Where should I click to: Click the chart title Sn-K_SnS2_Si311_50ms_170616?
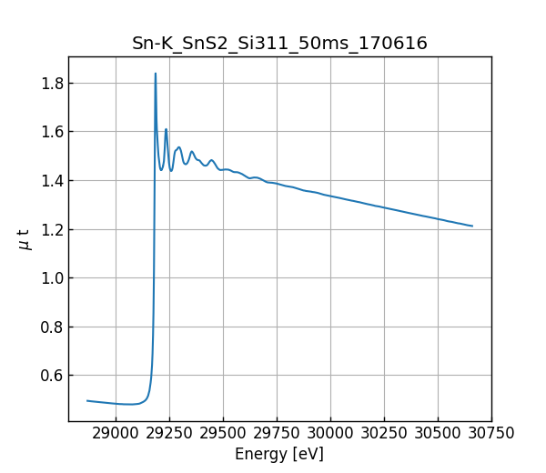279,44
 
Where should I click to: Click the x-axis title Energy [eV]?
279,454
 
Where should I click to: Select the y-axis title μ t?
25,239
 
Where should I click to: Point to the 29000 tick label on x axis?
116,434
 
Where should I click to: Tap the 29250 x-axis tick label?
169,434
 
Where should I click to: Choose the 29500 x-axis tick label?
223,434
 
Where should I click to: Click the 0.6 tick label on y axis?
50,376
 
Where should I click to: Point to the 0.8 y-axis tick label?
50,327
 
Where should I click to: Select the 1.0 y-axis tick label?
50,278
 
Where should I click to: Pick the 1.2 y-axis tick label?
50,229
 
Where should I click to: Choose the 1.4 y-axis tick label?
50,181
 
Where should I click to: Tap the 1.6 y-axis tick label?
50,132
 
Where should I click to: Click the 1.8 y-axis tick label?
50,84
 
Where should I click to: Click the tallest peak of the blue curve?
156,74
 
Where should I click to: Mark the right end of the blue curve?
472,226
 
